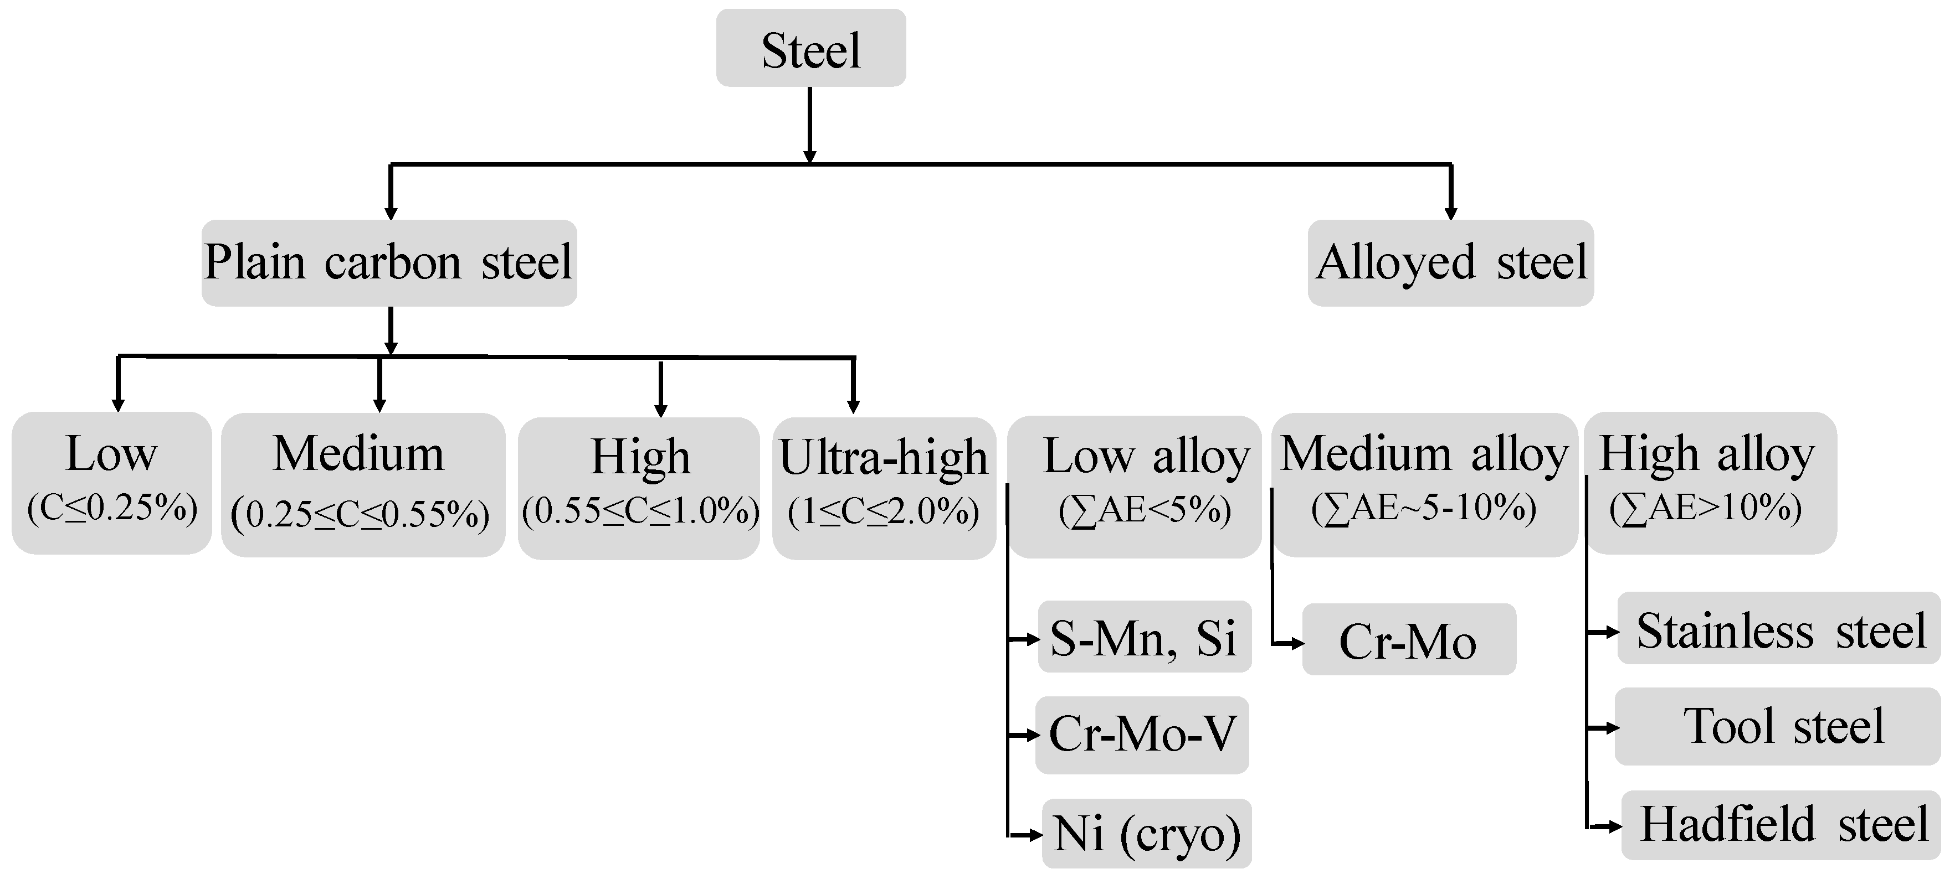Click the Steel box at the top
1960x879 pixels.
tap(810, 48)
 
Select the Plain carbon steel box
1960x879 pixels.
tap(389, 263)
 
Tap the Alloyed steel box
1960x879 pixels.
tap(1450, 263)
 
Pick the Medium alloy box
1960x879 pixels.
tap(1424, 484)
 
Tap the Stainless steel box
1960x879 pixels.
tap(1779, 629)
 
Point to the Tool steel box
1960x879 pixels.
tap(1777, 726)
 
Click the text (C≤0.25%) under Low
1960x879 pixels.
tap(112, 508)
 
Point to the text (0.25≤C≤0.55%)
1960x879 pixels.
tap(360, 515)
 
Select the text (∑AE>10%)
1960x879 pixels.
tap(1705, 508)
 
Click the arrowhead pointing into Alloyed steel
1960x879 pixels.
tap(1450, 213)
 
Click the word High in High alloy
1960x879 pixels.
tap(1649, 454)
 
